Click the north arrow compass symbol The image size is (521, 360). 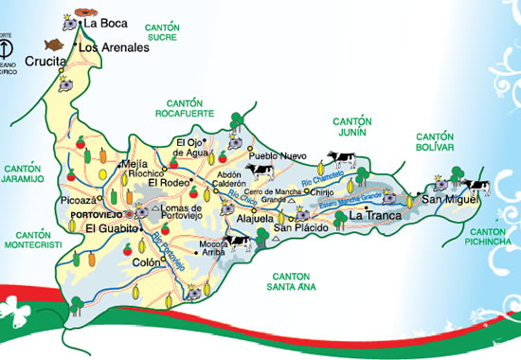7,46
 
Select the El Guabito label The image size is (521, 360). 110,229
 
